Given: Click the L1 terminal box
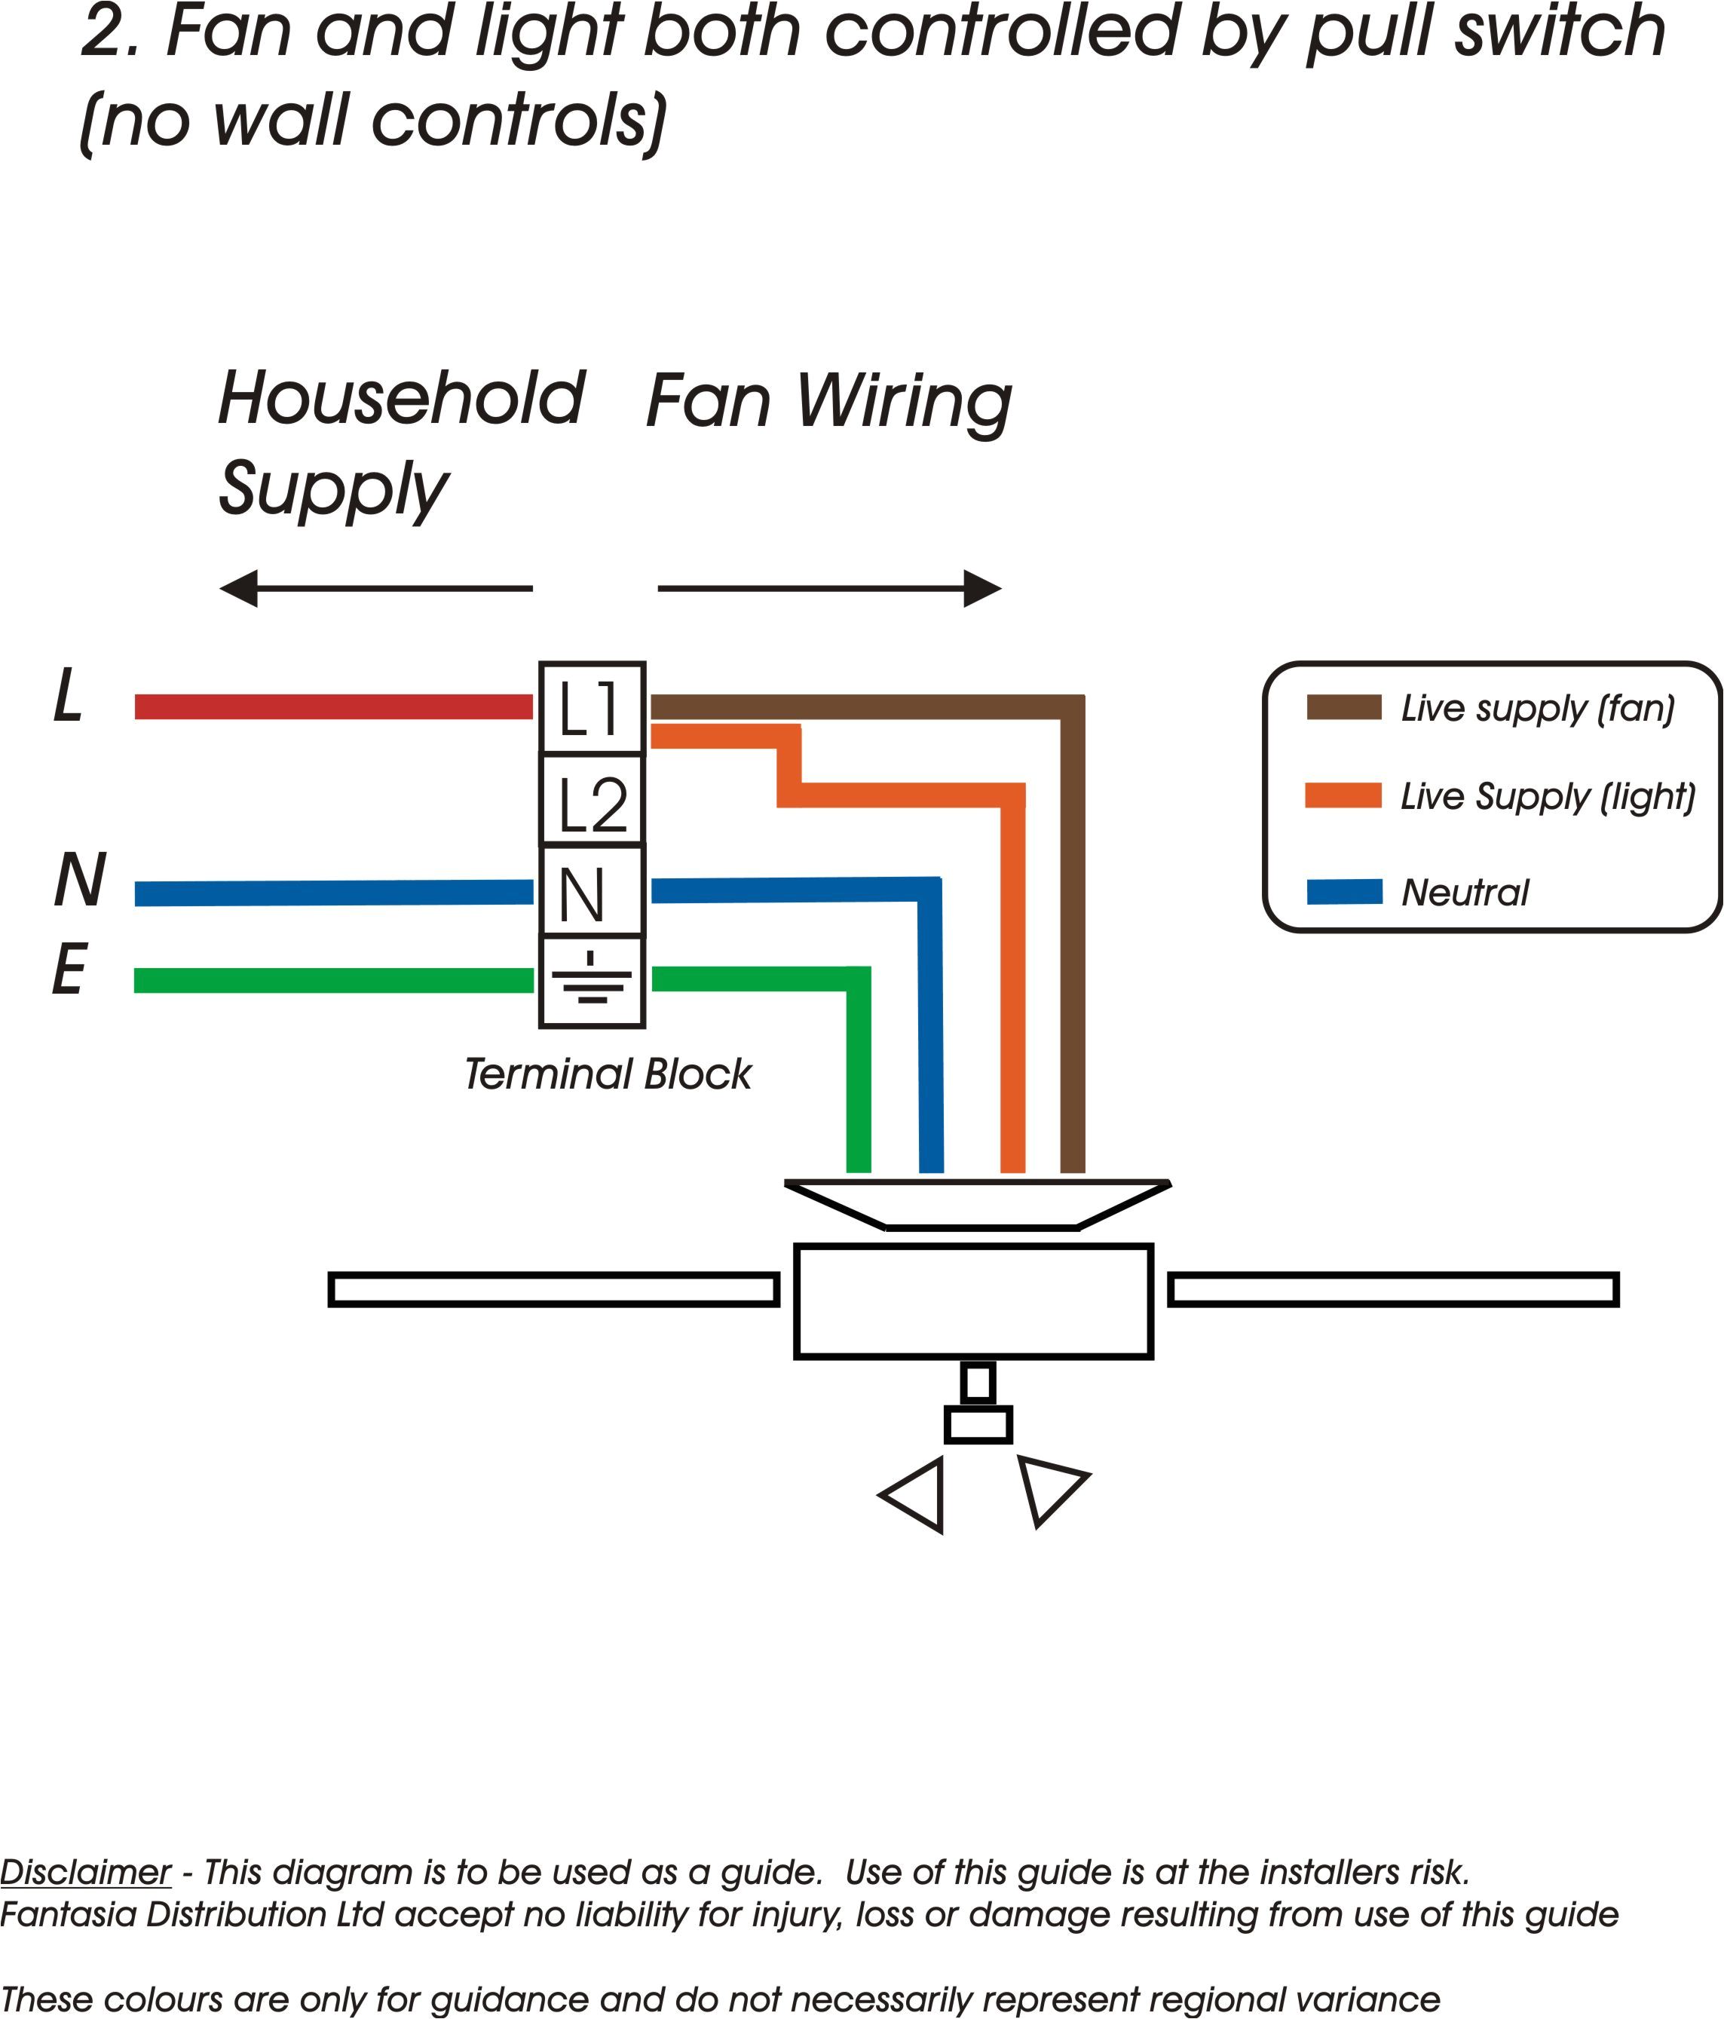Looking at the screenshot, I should pyautogui.click(x=592, y=709).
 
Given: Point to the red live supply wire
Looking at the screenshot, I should pyautogui.click(x=333, y=706).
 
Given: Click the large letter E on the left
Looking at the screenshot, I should pyautogui.click(x=69, y=970).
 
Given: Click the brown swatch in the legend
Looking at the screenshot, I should pyautogui.click(x=1343, y=707).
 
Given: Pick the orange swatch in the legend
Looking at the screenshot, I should pyautogui.click(x=1343, y=795).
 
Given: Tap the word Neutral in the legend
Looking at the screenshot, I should pyautogui.click(x=1465, y=893).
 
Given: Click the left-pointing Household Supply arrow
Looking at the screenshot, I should pyautogui.click(x=375, y=589).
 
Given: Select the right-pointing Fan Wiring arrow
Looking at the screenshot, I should pyautogui.click(x=829, y=589).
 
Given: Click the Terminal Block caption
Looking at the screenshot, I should pyautogui.click(x=607, y=1074).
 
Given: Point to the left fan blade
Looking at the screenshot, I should pyautogui.click(x=553, y=1289).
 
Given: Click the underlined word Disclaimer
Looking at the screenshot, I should pyautogui.click(x=86, y=1872).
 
